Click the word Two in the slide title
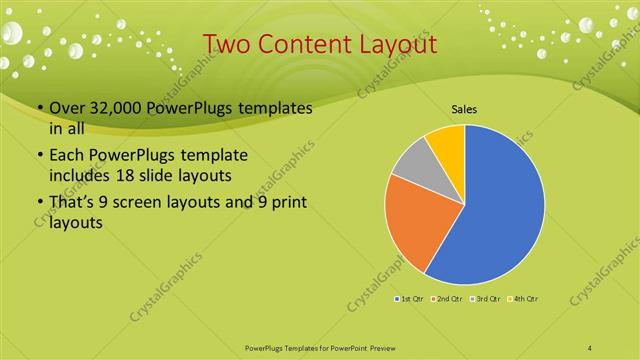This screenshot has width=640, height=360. click(x=228, y=44)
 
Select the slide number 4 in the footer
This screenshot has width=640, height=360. click(x=590, y=347)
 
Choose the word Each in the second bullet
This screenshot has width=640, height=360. click(x=67, y=157)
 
